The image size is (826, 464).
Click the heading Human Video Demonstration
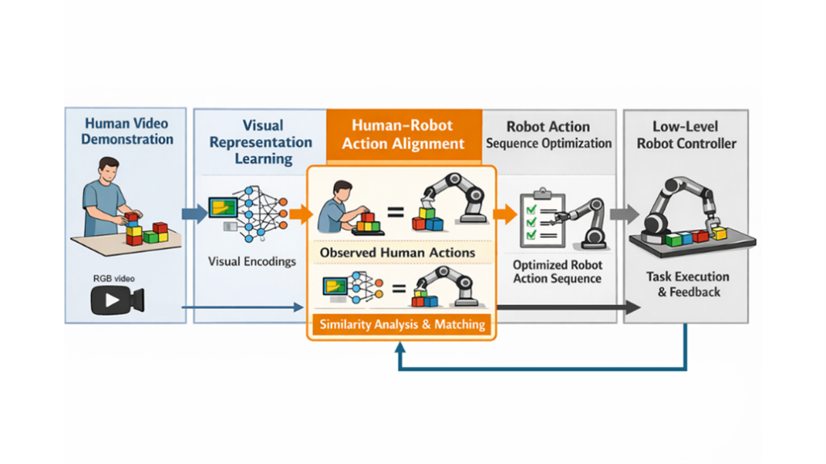point(127,131)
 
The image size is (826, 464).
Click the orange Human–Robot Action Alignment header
point(403,135)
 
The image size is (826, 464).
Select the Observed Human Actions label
point(398,253)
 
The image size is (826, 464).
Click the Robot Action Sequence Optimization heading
point(549,135)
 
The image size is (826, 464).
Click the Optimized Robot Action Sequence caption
point(557,271)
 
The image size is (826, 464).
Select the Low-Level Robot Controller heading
point(686,135)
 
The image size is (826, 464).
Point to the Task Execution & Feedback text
point(688,284)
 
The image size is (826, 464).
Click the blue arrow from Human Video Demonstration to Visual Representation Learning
point(194,214)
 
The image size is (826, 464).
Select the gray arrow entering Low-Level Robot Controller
point(624,214)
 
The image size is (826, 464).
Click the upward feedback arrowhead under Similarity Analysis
point(400,348)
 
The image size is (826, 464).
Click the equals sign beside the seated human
point(394,214)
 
